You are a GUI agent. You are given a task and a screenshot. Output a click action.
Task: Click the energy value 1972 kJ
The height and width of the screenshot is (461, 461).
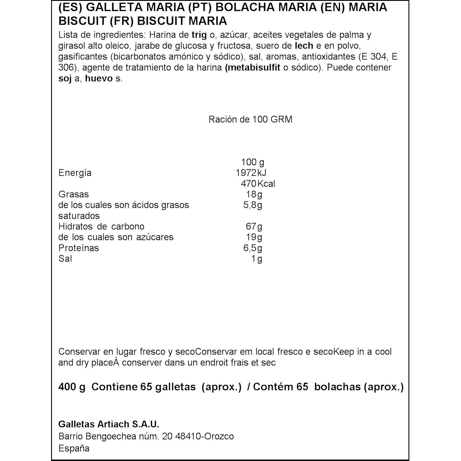(x=251, y=173)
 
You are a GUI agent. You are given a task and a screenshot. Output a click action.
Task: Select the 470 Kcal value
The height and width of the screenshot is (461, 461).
(x=258, y=183)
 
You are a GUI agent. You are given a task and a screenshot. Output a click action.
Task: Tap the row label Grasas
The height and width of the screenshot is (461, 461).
(x=73, y=194)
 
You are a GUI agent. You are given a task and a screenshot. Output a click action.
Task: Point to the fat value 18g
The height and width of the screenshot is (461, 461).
(x=254, y=194)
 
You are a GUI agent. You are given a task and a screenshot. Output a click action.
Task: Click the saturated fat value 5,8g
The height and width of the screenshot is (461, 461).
(x=253, y=205)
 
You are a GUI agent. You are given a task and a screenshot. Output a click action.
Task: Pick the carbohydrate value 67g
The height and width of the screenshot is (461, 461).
(x=254, y=226)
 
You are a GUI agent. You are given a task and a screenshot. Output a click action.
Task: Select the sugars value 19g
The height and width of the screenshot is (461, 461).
(x=254, y=237)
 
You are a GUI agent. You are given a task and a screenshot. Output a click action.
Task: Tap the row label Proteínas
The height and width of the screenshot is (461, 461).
(x=79, y=248)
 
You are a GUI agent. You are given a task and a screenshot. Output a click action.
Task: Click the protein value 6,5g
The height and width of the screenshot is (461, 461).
(x=253, y=248)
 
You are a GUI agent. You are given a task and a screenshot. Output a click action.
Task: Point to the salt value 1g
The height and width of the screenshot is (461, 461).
(x=257, y=259)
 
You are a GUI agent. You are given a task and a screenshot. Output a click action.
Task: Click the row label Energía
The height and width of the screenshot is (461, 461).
(x=75, y=173)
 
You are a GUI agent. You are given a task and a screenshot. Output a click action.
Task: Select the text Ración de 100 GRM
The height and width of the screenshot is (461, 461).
(x=250, y=119)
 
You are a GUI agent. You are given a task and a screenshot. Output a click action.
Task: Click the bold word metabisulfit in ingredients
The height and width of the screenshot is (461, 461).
(x=253, y=68)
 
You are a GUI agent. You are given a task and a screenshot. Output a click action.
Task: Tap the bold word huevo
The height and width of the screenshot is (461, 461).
(x=99, y=78)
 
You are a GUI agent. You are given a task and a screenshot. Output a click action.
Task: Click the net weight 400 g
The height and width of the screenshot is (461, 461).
(x=72, y=387)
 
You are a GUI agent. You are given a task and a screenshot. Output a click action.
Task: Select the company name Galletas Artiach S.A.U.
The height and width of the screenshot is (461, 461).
(x=109, y=424)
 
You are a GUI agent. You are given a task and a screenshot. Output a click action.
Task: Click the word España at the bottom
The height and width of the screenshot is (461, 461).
(x=74, y=448)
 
